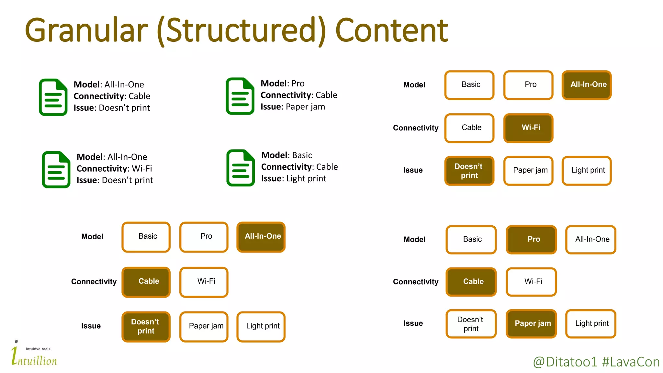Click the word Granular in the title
pos(86,31)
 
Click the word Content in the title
pos(391,31)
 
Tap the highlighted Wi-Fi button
pos(528,128)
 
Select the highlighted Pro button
pos(531,240)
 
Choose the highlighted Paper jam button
pos(531,323)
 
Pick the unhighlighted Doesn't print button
pos(471,324)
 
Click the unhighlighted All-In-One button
pos(591,240)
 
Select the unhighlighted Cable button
pos(469,128)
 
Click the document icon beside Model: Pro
pos(240,96)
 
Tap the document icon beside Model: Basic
pos(241,168)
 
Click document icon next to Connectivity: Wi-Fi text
pos(56,169)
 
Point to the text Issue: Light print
pos(294,179)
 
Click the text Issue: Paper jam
pos(293,107)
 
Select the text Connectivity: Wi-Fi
pos(114,169)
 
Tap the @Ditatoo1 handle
pos(565,362)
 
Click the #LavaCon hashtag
pos(631,362)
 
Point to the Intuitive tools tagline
pos(39,349)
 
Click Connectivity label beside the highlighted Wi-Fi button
pos(415,128)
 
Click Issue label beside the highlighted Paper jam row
pos(413,323)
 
